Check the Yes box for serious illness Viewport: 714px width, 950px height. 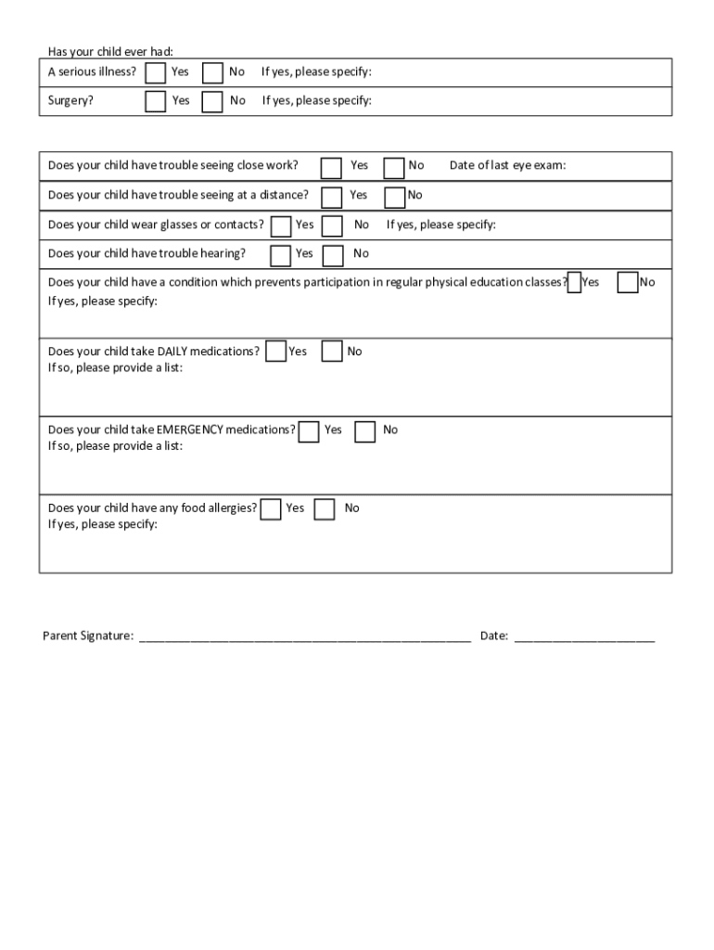tap(156, 72)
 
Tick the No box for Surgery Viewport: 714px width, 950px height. tap(212, 101)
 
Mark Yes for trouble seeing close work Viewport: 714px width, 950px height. tap(331, 167)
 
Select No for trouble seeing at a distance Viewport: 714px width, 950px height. tap(394, 197)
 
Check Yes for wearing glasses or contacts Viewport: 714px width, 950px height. tap(280, 225)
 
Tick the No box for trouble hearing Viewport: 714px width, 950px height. tap(333, 255)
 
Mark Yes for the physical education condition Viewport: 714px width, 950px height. tap(574, 283)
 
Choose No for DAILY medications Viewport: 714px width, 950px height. tap(332, 352)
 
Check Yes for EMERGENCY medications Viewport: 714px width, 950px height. tap(309, 431)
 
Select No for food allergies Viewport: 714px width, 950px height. tap(324, 509)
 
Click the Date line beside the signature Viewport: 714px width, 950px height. tap(584, 637)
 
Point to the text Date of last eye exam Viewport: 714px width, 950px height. tap(507, 165)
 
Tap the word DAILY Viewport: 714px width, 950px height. tap(172, 352)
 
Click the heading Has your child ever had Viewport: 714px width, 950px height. tap(110, 51)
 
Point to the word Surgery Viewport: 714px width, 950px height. tap(70, 100)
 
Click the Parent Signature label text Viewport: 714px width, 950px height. tap(88, 636)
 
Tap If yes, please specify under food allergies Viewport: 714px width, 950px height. tap(103, 524)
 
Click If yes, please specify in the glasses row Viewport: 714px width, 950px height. tap(440, 225)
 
